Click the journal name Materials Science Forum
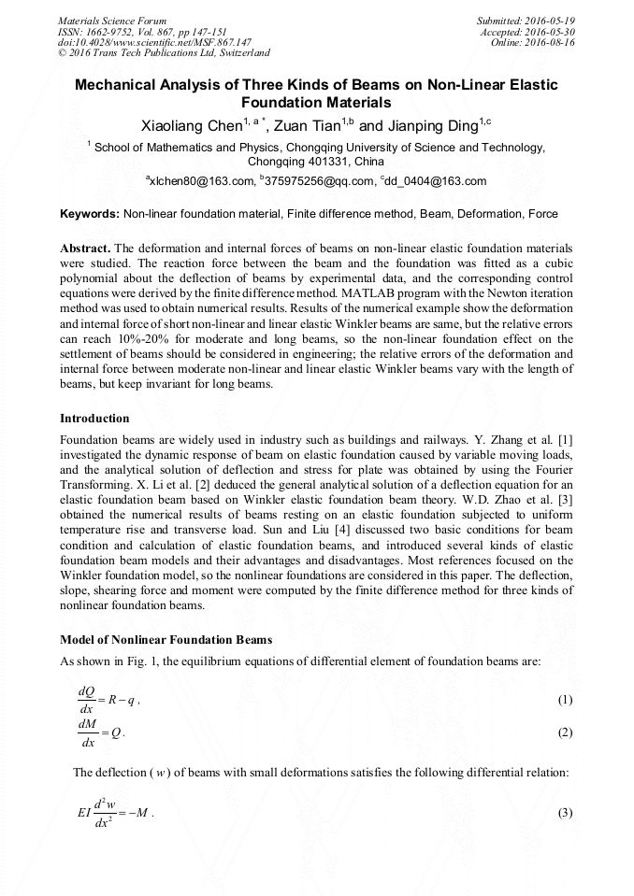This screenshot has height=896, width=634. [112, 21]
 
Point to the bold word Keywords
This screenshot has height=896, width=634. [90, 214]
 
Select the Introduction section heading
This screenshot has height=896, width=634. [94, 418]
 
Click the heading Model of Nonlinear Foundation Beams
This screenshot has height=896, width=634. [165, 640]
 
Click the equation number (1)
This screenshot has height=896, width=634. [564, 700]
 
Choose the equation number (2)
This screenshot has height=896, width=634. [564, 732]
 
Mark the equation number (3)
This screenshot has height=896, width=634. [564, 812]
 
